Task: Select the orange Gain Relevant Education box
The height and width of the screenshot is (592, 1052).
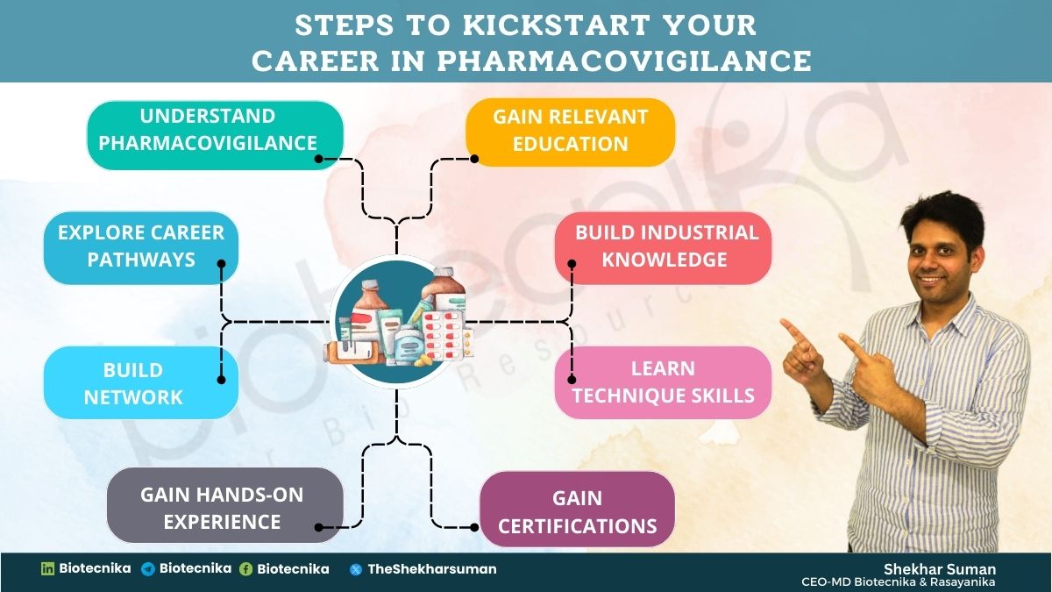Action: point(570,131)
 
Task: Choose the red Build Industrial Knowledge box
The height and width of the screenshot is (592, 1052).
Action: point(664,246)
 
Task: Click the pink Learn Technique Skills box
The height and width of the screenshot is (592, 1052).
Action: point(663,382)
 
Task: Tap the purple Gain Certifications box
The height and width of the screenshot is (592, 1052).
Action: point(578,512)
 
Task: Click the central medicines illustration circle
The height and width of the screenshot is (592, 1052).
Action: point(397,322)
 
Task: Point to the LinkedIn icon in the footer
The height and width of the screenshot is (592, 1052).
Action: point(48,569)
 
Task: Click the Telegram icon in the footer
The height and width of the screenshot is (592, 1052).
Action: point(148,569)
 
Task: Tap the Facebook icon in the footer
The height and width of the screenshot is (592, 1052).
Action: point(246,569)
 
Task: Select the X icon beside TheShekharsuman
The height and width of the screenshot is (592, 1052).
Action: point(356,569)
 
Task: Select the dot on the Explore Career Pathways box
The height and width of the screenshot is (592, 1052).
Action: point(222,262)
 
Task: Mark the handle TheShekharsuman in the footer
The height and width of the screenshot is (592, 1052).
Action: point(431,569)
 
